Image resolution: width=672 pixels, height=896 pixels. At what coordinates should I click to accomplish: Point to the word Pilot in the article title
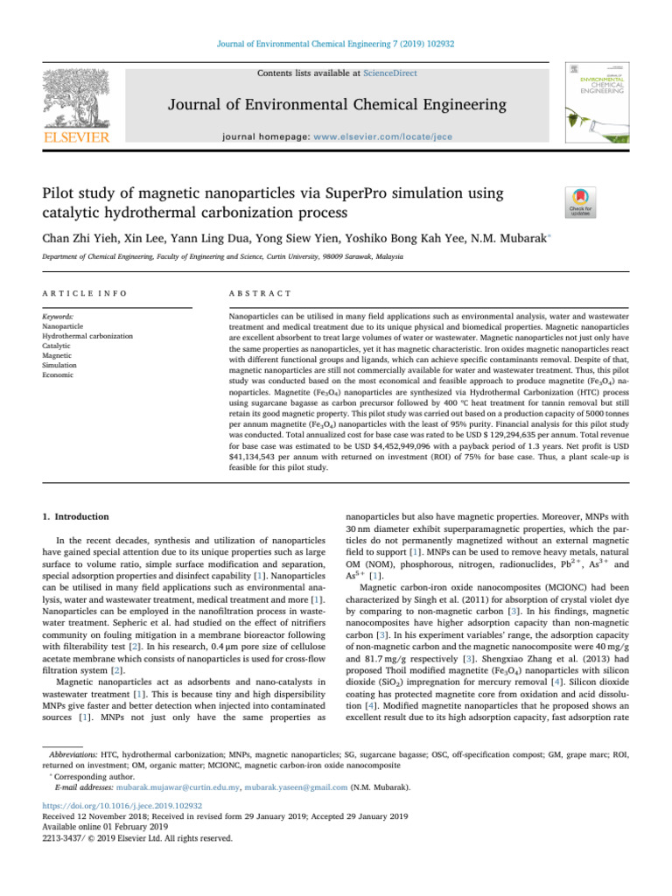60,192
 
